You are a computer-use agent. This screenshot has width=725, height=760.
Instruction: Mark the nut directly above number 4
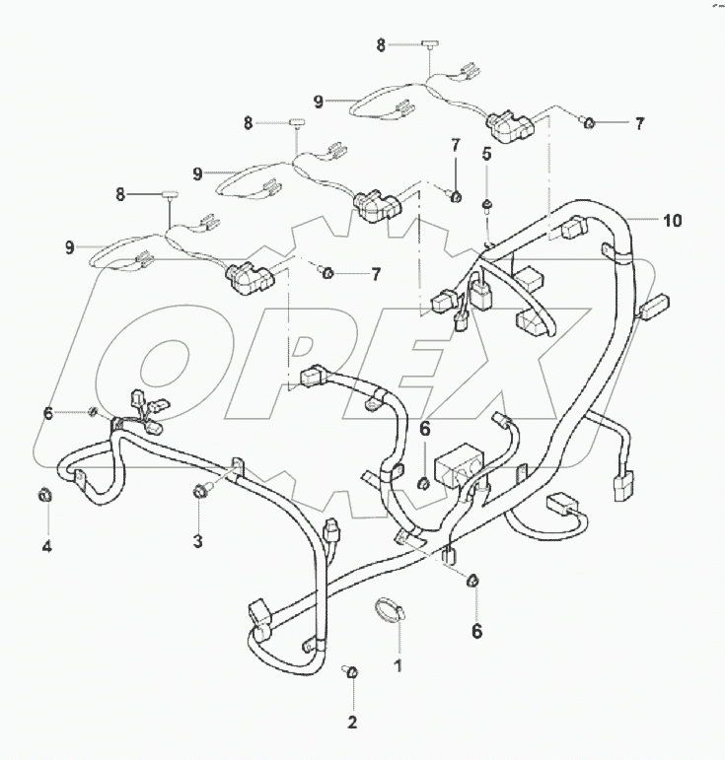tap(44, 494)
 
